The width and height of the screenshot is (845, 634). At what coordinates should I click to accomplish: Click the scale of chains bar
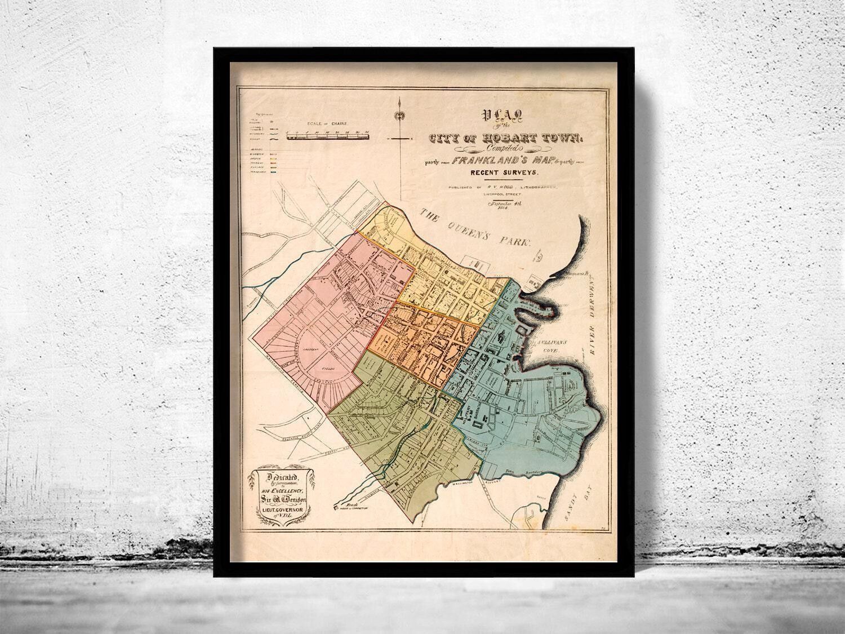[327, 135]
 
